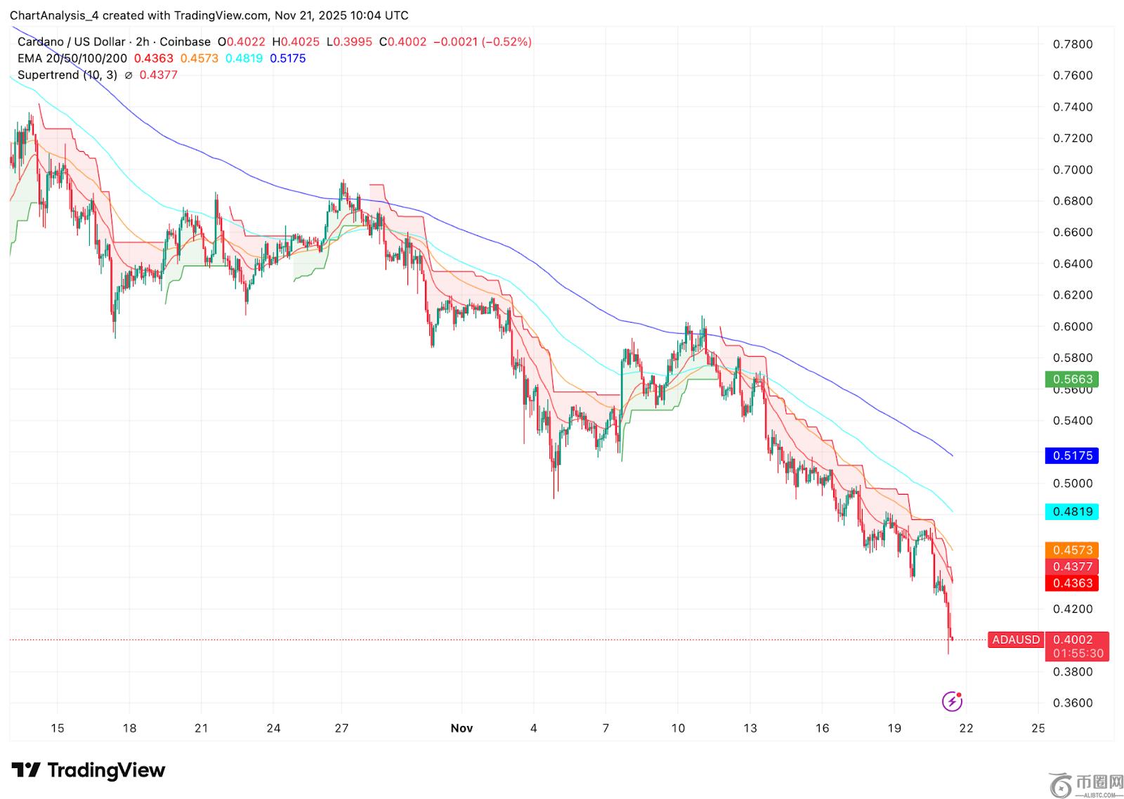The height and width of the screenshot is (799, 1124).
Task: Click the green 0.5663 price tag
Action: click(x=1072, y=379)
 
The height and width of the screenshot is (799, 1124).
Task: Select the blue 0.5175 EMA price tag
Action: click(x=1072, y=455)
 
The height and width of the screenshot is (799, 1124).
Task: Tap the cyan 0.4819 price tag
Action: click(x=1072, y=512)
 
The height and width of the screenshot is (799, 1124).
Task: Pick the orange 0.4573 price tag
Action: click(x=1072, y=550)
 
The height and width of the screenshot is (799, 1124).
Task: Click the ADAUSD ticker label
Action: click(x=1016, y=639)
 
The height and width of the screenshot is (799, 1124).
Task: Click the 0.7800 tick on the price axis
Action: click(x=1073, y=44)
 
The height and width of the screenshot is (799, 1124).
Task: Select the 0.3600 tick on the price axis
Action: click(x=1073, y=703)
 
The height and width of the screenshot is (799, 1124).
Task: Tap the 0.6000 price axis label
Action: click(x=1073, y=327)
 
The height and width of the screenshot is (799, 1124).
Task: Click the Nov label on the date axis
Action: click(x=462, y=728)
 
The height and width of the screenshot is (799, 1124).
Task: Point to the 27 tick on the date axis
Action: click(x=341, y=728)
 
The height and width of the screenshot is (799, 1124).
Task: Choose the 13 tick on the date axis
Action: click(x=750, y=728)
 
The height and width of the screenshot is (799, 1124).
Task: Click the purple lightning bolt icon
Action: click(x=952, y=701)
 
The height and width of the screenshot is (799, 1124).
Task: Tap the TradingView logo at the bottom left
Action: click(x=89, y=770)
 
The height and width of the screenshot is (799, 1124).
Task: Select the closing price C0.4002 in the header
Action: click(x=403, y=41)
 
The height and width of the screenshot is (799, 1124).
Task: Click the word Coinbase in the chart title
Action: click(x=185, y=41)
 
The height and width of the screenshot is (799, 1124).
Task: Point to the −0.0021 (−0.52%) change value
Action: click(x=482, y=41)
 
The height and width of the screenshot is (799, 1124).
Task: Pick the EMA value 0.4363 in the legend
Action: click(x=153, y=58)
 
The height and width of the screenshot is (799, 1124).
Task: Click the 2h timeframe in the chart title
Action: click(x=142, y=41)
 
